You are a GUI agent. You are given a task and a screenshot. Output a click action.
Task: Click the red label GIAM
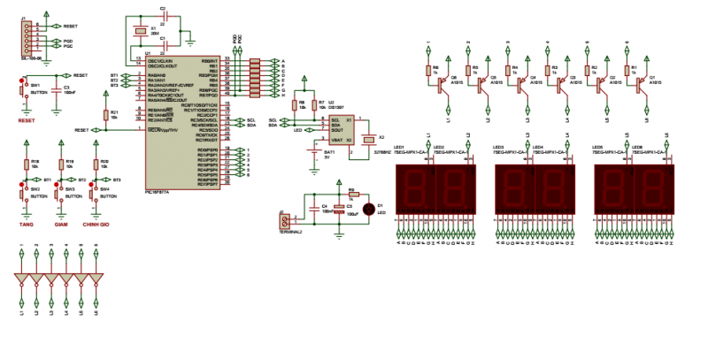(x=61, y=225)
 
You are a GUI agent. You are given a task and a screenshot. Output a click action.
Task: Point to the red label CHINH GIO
(x=96, y=225)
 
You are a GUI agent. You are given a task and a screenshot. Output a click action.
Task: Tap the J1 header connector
(x=27, y=36)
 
